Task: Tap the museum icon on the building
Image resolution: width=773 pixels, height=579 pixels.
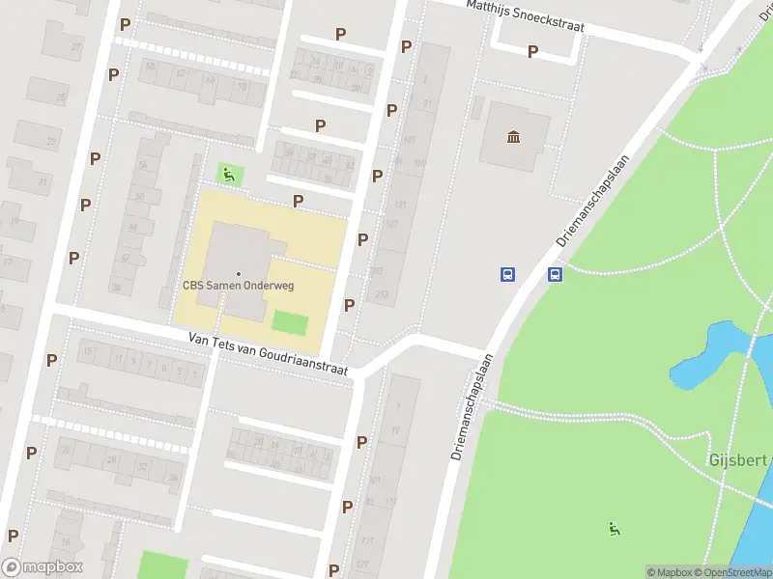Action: coord(513,136)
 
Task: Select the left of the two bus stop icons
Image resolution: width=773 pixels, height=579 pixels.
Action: coord(507,274)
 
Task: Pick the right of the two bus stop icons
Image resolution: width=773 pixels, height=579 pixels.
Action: coord(556,274)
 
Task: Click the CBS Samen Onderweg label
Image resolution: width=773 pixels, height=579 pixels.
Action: coord(238,285)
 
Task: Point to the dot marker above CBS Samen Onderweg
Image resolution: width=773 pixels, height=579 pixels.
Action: coord(239,273)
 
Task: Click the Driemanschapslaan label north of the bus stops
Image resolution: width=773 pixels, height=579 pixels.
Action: coord(591,200)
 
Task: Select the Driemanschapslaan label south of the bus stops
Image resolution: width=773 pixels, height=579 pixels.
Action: coord(472,405)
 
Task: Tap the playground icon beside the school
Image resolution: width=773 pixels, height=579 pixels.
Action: coord(229,175)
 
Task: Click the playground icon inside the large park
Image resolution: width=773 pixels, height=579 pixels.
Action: coord(614,527)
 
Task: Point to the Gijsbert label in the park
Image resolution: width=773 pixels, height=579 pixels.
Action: coord(740,460)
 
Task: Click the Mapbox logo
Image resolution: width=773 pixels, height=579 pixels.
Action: coord(43,567)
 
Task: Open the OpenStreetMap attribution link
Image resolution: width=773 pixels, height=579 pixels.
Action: coord(732,572)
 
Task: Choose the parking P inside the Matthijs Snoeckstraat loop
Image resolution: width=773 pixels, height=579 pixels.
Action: coord(532,51)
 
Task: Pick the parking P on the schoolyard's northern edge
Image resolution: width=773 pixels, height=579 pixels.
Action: coord(299,201)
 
